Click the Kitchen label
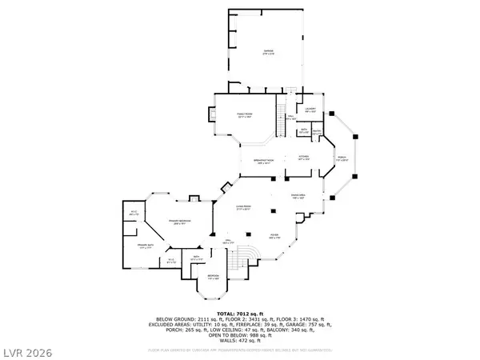pos(304,157)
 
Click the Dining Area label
pos(296,196)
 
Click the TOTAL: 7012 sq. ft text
pos(239,314)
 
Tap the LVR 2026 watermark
pos(26,350)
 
